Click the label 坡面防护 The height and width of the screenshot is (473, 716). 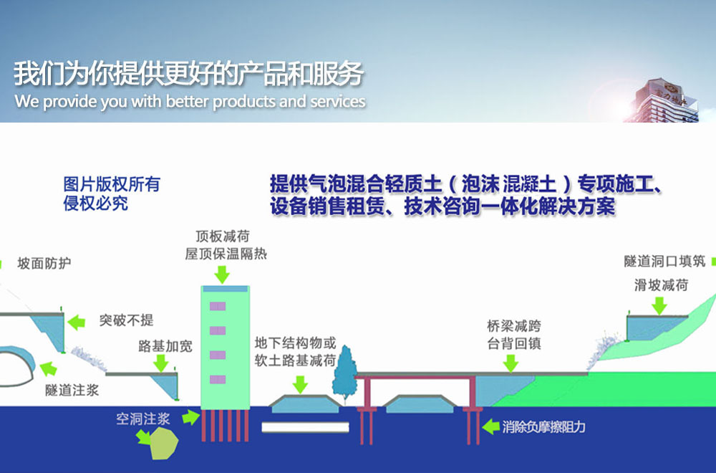click(x=44, y=264)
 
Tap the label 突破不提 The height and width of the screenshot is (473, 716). click(x=126, y=320)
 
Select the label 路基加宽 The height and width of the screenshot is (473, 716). click(x=165, y=347)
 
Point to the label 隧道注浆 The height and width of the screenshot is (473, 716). click(x=72, y=391)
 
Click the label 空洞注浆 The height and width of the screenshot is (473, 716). click(x=143, y=419)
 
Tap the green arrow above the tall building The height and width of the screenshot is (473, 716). click(x=222, y=274)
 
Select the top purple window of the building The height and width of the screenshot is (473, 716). click(x=218, y=306)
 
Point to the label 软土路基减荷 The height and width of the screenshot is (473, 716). click(x=295, y=360)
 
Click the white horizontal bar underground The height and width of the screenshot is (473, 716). click(x=305, y=427)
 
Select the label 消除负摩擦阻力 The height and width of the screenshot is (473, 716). click(x=544, y=427)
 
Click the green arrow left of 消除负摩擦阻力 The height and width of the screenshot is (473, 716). click(x=490, y=427)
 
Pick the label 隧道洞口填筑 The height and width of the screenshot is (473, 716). click(x=665, y=262)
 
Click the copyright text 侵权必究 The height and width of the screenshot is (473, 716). click(x=96, y=204)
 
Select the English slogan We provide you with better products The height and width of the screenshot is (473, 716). click(x=190, y=101)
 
